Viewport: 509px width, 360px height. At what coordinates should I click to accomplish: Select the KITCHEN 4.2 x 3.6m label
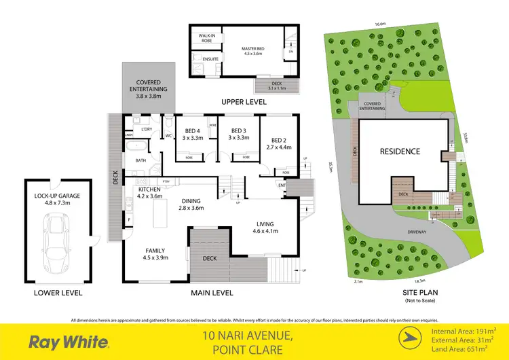(149, 192)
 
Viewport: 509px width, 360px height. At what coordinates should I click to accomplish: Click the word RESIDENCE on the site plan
(400, 151)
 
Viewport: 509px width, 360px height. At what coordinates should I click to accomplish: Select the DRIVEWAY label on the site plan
(417, 232)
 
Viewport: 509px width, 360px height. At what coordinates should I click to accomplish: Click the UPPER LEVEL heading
(242, 102)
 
